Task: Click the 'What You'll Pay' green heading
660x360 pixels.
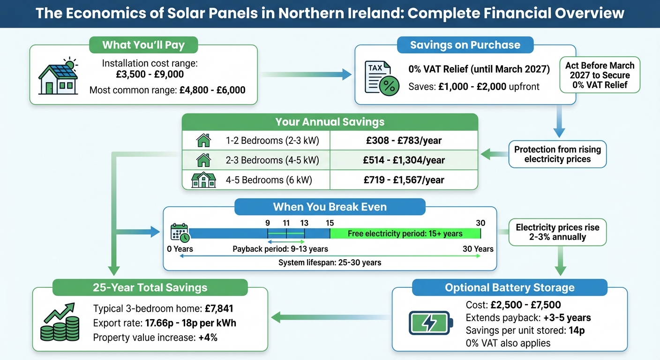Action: click(x=143, y=45)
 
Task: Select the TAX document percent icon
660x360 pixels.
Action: click(x=382, y=78)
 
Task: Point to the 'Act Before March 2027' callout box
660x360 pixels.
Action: click(x=600, y=75)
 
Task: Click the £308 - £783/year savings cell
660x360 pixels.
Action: click(x=404, y=140)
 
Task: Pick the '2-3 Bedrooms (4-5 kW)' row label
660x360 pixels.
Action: click(x=272, y=160)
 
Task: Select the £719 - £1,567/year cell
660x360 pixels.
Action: click(x=404, y=180)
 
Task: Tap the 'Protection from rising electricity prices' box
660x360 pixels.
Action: click(x=557, y=154)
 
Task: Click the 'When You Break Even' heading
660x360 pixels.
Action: click(x=330, y=207)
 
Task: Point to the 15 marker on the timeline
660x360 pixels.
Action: click(x=330, y=223)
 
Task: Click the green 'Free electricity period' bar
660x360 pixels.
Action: click(x=405, y=233)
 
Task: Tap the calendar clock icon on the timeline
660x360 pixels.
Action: click(x=180, y=233)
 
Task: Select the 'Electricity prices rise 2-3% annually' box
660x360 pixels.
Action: click(x=557, y=232)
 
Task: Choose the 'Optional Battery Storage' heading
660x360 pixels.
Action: click(x=510, y=287)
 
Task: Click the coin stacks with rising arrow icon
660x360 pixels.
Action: click(x=60, y=323)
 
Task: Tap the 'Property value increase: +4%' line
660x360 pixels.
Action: click(x=155, y=337)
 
